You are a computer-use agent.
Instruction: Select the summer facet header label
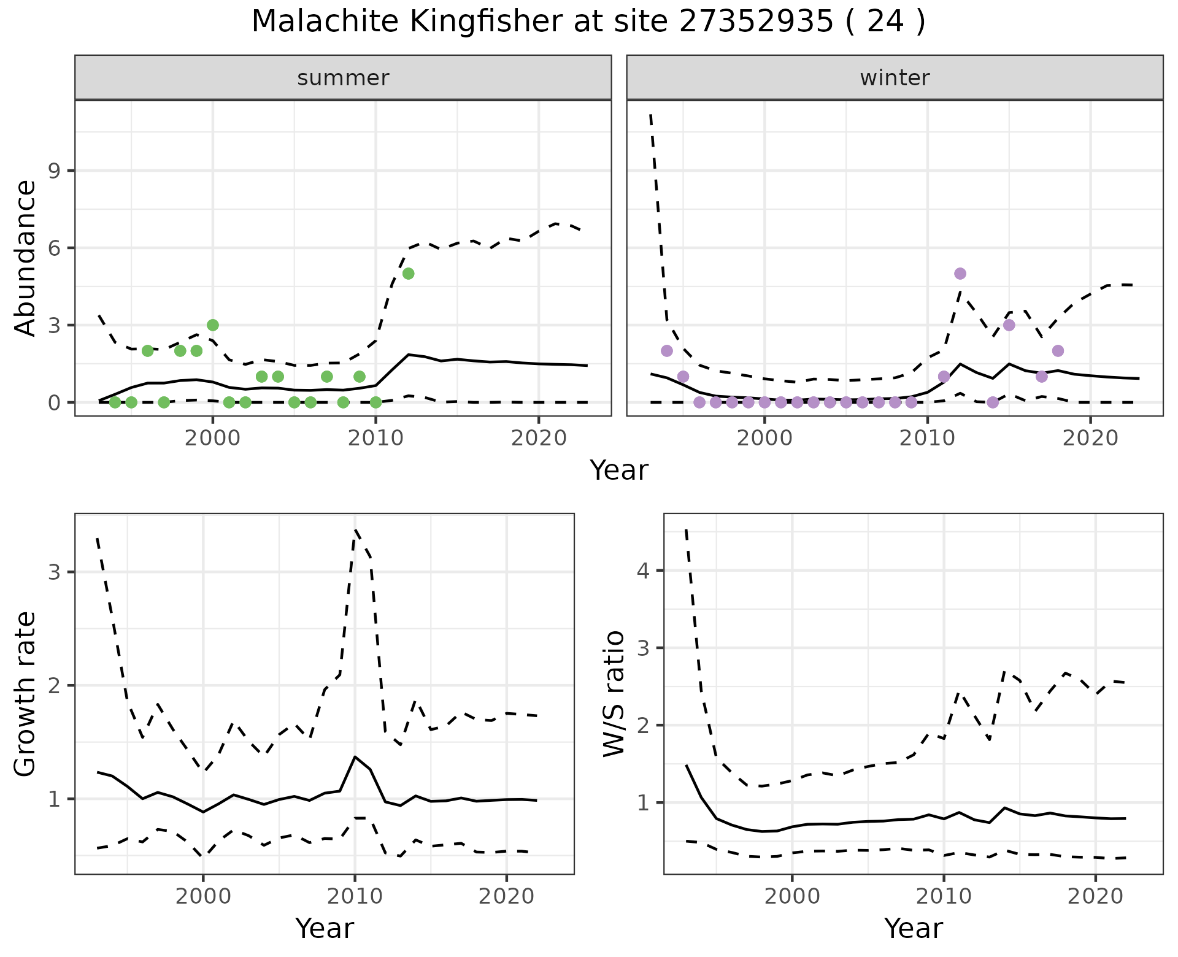click(343, 78)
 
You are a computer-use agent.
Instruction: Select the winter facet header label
click(895, 78)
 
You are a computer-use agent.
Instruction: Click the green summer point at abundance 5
click(409, 274)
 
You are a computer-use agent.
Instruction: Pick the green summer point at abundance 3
click(213, 325)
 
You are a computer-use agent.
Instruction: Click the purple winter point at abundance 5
click(960, 274)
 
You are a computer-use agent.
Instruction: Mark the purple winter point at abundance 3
click(1009, 325)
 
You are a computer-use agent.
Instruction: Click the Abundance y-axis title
click(26, 258)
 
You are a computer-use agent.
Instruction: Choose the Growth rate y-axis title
click(26, 694)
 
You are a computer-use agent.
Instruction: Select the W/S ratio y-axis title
click(614, 694)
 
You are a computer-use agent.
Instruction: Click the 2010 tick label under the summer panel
click(375, 438)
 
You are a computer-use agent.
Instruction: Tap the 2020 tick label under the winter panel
click(1090, 438)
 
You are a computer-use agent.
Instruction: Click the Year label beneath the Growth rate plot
click(325, 928)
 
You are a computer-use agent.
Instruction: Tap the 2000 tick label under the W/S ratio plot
click(792, 896)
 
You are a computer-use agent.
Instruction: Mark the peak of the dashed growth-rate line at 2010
click(355, 529)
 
